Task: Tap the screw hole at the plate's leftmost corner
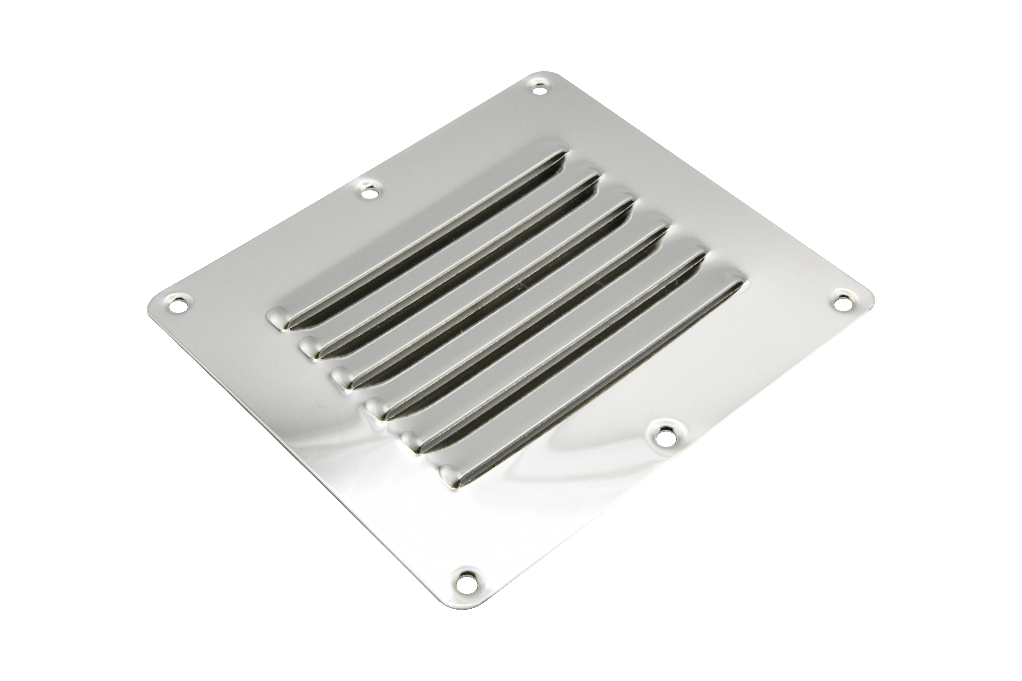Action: point(176,306)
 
